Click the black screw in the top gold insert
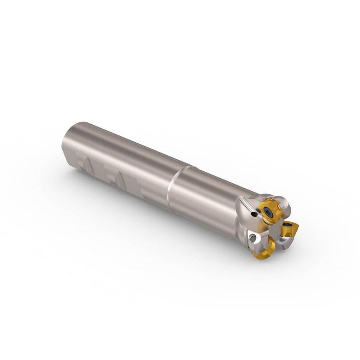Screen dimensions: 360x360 pos(269,212)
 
